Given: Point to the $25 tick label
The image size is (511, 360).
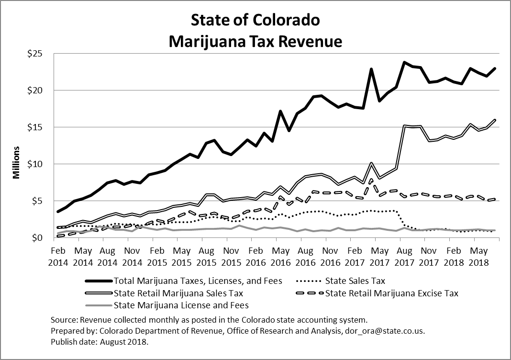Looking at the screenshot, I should click(39, 54).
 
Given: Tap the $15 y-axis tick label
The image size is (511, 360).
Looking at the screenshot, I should click(39, 127).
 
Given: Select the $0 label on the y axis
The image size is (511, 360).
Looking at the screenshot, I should click(41, 238).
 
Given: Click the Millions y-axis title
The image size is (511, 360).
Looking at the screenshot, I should click(16, 162).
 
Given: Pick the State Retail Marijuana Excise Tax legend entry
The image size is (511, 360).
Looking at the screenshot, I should click(391, 293).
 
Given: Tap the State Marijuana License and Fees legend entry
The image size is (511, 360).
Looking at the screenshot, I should click(181, 305).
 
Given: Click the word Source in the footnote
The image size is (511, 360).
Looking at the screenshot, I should click(62, 319).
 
